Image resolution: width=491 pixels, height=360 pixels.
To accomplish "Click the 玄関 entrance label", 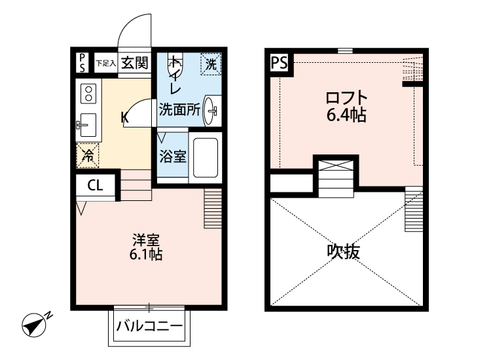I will click(135, 63).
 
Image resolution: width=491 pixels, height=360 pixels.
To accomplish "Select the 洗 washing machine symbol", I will click(211, 64).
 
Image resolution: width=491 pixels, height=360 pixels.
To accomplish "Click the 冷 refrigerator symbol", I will click(87, 154).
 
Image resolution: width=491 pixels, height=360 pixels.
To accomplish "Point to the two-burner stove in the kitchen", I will click(87, 93).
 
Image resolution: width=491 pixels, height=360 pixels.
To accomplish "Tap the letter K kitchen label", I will click(124, 118).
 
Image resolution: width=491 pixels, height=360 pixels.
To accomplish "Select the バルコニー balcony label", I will click(149, 326).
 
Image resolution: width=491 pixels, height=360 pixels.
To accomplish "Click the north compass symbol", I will click(33, 323).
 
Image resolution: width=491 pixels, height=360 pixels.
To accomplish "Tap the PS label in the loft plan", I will click(279, 63).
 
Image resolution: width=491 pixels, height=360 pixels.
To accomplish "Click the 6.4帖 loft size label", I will click(346, 116).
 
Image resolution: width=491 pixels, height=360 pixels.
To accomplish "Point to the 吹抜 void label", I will click(343, 252).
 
